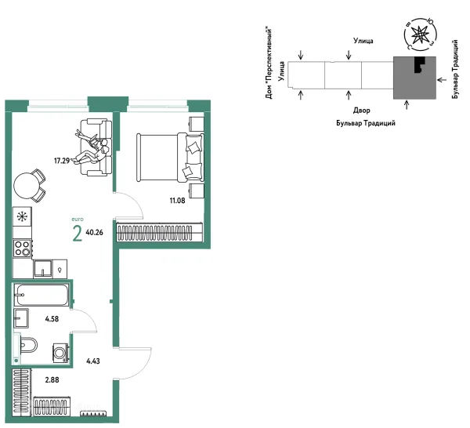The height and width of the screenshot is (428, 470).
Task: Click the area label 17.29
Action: pyautogui.click(x=62, y=161)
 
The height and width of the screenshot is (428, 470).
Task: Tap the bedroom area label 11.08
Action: pyautogui.click(x=178, y=201)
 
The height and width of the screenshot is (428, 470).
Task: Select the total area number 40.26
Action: pyautogui.click(x=95, y=233)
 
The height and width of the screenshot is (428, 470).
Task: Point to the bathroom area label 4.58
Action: pyautogui.click(x=52, y=319)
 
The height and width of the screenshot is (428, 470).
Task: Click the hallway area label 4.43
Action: pyautogui.click(x=93, y=361)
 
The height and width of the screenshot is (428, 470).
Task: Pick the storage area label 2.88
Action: pyautogui.click(x=52, y=380)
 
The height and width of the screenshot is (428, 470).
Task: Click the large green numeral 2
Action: pyautogui.click(x=78, y=234)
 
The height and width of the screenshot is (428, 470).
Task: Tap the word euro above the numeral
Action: pyautogui.click(x=78, y=219)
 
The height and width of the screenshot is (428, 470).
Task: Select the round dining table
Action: pyautogui.click(x=25, y=186)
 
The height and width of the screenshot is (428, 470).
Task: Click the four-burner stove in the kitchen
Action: pyautogui.click(x=23, y=248)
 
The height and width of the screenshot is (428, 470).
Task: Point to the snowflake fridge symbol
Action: pyautogui.click(x=22, y=216)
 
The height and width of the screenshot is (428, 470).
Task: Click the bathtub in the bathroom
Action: pyautogui.click(x=42, y=295)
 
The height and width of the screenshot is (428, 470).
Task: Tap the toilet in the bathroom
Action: pyautogui.click(x=28, y=346)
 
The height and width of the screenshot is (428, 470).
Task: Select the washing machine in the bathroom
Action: pyautogui.click(x=61, y=353)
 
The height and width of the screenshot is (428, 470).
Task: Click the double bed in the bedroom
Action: pyautogui.click(x=170, y=158)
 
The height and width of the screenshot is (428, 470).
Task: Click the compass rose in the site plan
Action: pyautogui.click(x=421, y=35)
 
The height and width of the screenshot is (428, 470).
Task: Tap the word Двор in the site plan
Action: pyautogui.click(x=361, y=111)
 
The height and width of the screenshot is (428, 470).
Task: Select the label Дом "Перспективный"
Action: pyautogui.click(x=269, y=63)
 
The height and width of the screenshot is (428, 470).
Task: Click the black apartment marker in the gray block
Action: pyautogui.click(x=420, y=64)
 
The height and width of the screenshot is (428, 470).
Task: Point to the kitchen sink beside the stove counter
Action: pyautogui.click(x=42, y=268)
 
